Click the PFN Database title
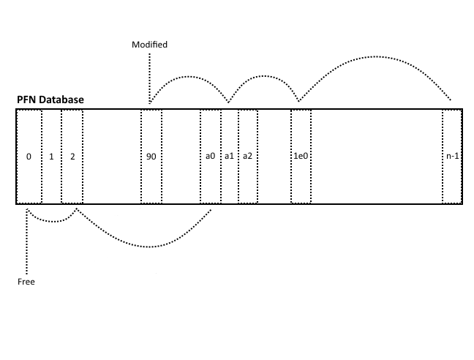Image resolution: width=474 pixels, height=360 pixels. tap(50, 100)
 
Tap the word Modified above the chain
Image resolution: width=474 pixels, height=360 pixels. tap(149, 45)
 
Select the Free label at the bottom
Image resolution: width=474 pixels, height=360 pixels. tap(26, 282)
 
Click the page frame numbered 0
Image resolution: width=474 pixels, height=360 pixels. tap(29, 157)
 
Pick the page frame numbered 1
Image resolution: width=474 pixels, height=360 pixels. tap(51, 157)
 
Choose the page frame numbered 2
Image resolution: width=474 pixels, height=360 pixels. tap(72, 157)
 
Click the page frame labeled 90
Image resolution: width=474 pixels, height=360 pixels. tap(151, 157)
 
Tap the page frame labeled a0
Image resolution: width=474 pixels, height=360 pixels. tap(210, 157)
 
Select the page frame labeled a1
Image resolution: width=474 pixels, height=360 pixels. tap(229, 157)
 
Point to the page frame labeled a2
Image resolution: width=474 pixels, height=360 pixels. tap(248, 157)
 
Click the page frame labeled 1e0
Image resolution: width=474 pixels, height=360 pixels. tap(301, 157)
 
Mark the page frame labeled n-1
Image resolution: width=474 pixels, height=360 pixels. tap(452, 157)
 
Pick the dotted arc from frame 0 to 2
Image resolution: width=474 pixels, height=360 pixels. tap(51, 220)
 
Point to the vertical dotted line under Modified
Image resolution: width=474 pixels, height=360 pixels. tap(149, 77)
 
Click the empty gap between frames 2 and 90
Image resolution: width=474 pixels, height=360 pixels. tap(111, 157)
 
